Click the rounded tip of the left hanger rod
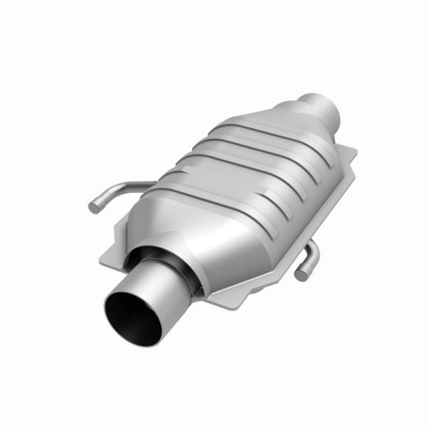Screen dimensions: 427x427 (x=94, y=207)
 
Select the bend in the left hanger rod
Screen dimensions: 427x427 (x=114, y=191)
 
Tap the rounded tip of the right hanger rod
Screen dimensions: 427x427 (x=301, y=274)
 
